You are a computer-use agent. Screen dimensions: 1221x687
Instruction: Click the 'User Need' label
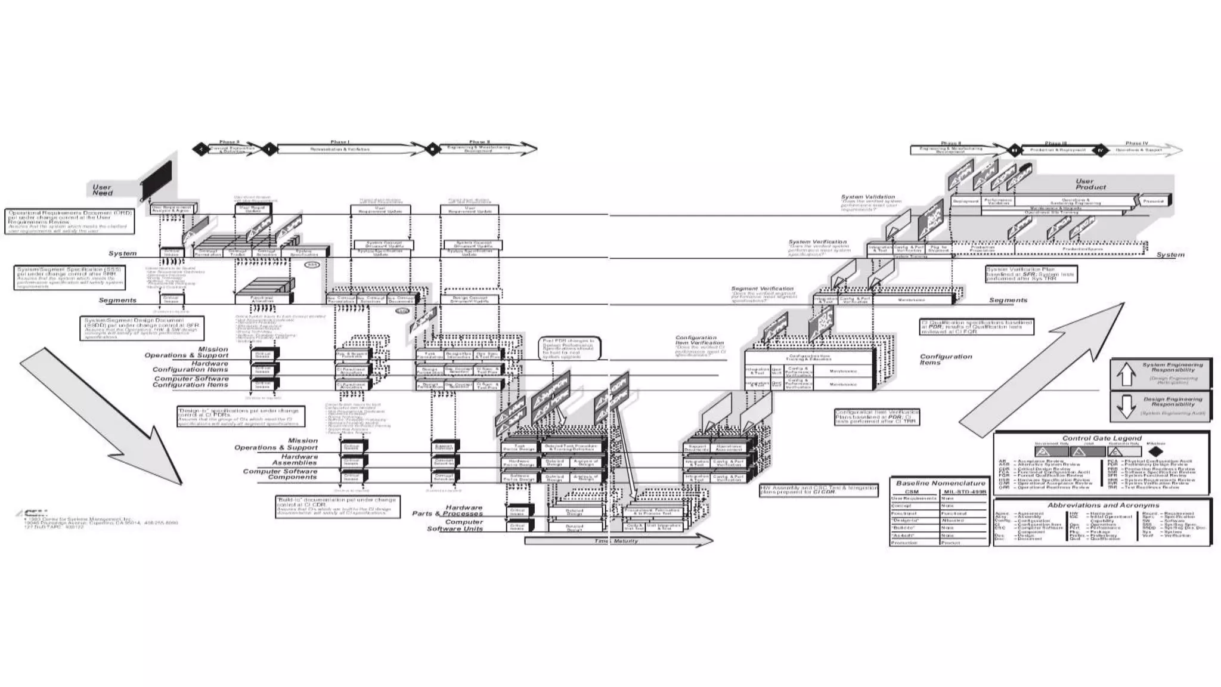[x=102, y=190]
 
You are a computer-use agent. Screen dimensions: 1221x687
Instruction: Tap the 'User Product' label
[x=1090, y=184]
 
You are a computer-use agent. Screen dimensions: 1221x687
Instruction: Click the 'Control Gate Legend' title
[x=1102, y=438]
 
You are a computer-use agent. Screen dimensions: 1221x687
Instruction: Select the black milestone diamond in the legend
[x=1156, y=451]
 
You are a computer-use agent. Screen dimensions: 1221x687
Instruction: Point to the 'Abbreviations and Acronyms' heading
[x=1103, y=505]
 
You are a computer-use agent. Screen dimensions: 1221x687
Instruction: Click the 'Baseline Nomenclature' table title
[x=940, y=483]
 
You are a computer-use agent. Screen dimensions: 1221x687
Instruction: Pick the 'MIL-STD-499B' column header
[x=965, y=492]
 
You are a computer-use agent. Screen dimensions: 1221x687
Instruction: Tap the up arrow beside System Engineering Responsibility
[x=1126, y=375]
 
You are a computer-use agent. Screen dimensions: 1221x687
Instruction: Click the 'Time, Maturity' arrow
[x=618, y=541]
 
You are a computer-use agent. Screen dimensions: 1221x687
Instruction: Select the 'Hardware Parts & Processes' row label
[x=447, y=510]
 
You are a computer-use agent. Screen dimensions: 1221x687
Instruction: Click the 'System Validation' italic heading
[x=867, y=197]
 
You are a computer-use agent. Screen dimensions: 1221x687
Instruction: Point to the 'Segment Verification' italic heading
[x=762, y=289]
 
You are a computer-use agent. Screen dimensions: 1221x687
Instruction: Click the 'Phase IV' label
[x=1136, y=144]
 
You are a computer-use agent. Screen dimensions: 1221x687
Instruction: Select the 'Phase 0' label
[x=229, y=143]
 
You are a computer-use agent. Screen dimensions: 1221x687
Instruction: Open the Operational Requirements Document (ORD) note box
[x=70, y=221]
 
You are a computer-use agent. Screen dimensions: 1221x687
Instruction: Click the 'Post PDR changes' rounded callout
[x=569, y=349]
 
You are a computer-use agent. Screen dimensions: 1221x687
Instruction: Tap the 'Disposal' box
[x=1153, y=201]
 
